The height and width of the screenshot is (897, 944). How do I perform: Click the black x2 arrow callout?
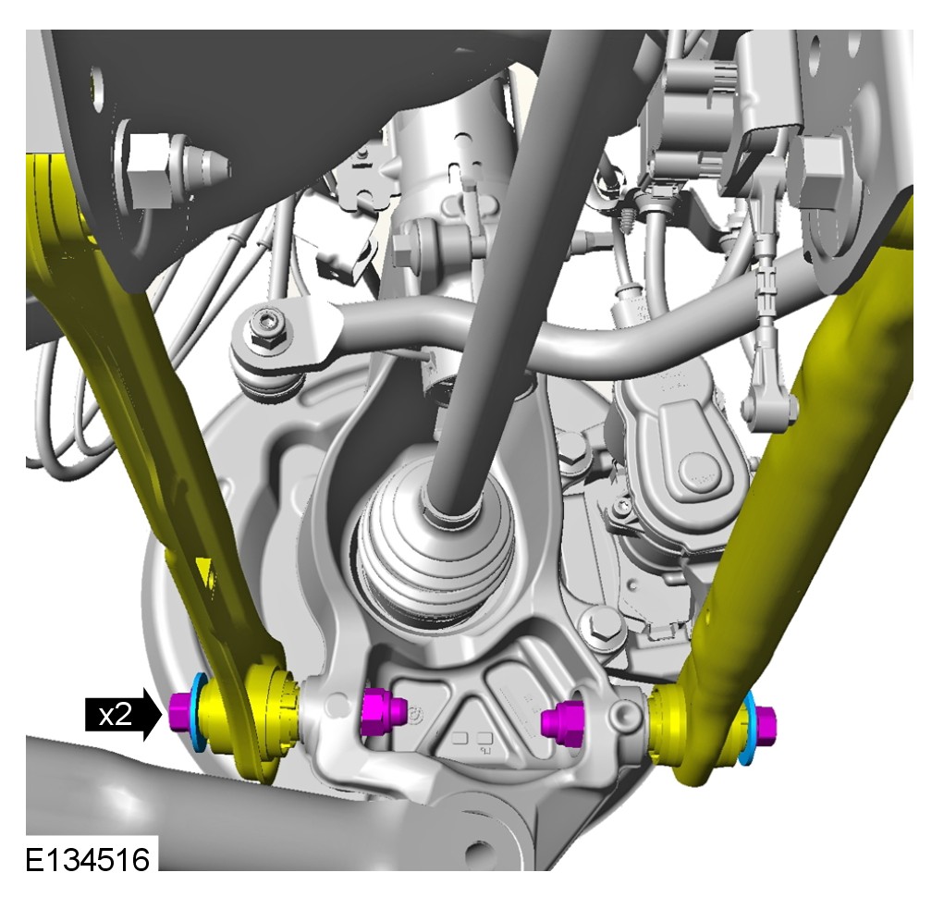(123, 715)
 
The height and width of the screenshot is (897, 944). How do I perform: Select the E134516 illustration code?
(88, 859)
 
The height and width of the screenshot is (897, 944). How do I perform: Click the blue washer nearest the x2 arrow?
(196, 713)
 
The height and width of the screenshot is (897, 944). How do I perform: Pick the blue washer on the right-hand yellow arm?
(748, 729)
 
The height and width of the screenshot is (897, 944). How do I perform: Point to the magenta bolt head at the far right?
(765, 724)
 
